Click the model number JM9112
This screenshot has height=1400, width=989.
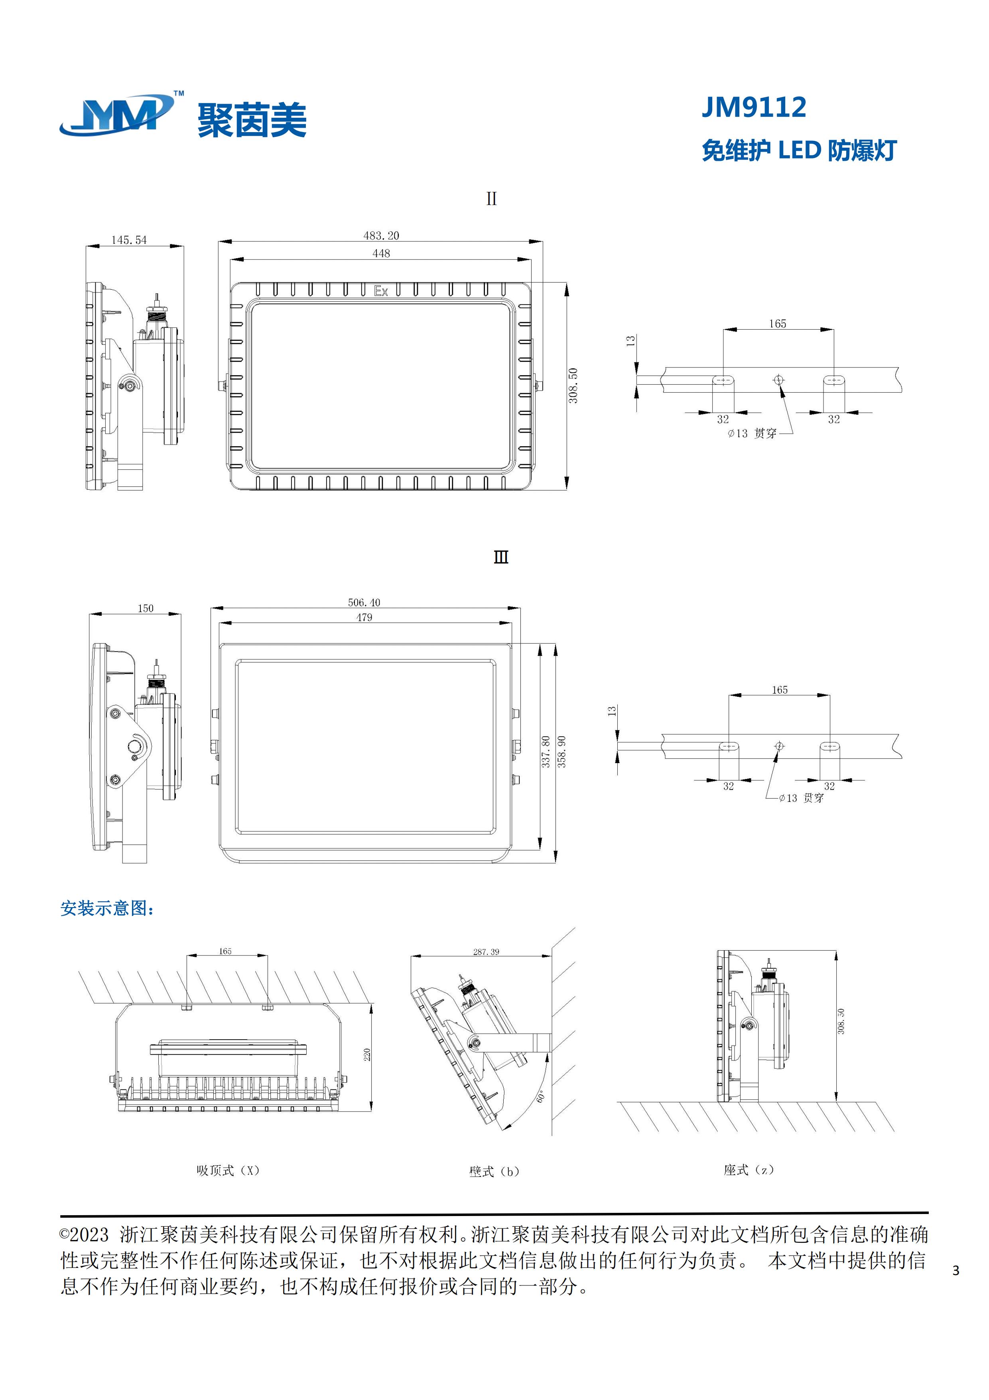coord(753,107)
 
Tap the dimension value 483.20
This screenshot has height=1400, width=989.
coord(381,235)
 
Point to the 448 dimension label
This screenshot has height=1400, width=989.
coord(381,253)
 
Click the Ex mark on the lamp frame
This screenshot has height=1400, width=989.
coord(381,291)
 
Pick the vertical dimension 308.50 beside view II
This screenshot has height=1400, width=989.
coord(573,386)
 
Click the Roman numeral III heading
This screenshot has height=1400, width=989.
coord(500,557)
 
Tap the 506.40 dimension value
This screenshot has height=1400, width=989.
coord(364,603)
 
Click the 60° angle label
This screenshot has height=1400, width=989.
coord(540,1096)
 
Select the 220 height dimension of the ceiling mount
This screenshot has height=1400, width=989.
coord(367,1054)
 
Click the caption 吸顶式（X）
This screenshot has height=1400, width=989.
coord(228,1170)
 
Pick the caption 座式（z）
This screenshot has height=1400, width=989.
coord(748,1169)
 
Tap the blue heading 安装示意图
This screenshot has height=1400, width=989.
coord(106,909)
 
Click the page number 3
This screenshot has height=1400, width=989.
coord(956,1271)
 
